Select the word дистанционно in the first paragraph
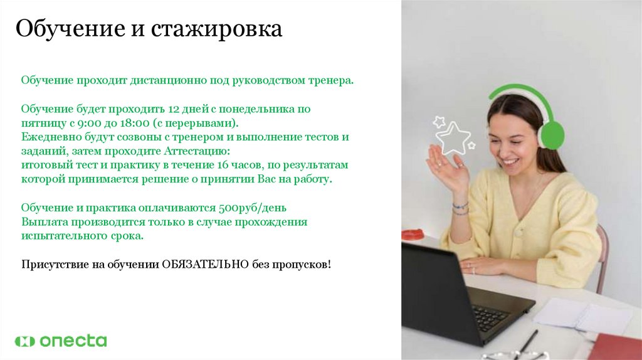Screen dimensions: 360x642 (168, 81)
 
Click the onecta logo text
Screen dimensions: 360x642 (73, 341)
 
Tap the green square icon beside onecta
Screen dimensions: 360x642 (24, 341)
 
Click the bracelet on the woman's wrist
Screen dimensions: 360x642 (460, 208)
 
